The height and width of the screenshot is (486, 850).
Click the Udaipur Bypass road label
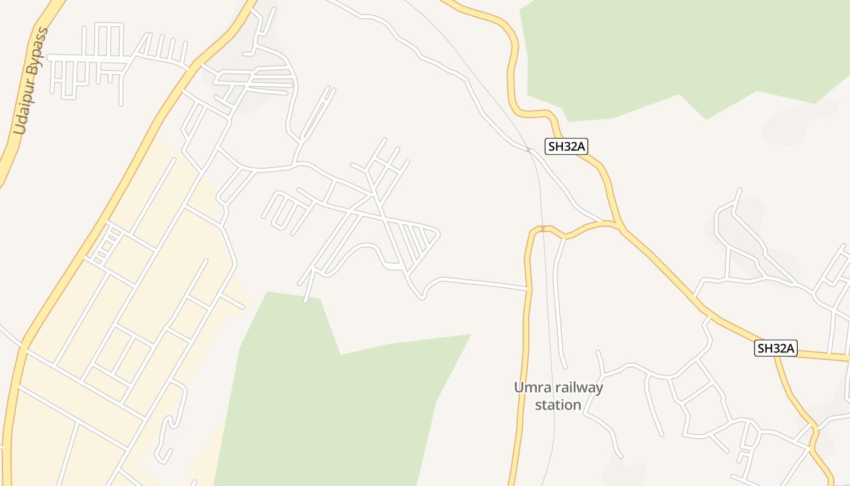pyautogui.click(x=31, y=81)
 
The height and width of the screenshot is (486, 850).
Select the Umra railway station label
pyautogui.click(x=559, y=396)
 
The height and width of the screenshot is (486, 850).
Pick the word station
pyautogui.click(x=558, y=405)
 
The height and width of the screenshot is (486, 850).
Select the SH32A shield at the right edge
pyautogui.click(x=776, y=349)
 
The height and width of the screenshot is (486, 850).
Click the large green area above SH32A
pyautogui.click(x=668, y=49)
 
